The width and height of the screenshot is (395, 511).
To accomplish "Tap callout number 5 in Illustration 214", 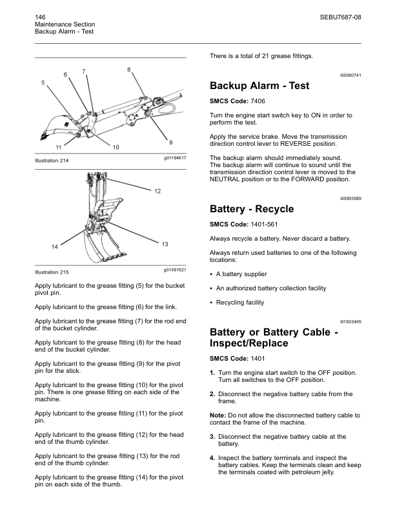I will tap(43, 83).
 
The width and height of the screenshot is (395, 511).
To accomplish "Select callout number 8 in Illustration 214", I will tap(129, 69).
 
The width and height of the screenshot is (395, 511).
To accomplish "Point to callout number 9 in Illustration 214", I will tap(170, 141).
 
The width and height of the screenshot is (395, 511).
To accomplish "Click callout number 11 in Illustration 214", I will tap(59, 147).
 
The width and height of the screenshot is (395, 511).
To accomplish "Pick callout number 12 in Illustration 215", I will tap(158, 191).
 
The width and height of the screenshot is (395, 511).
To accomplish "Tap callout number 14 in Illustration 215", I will tap(54, 247).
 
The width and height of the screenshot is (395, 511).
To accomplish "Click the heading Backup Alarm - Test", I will tap(259, 86).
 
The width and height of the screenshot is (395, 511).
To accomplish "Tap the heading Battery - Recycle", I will tap(252, 209).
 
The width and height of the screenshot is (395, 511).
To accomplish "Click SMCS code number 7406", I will tap(258, 101).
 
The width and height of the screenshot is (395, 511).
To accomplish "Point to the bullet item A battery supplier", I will tap(242, 274).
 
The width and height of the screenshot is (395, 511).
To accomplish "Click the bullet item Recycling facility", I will tap(239, 303).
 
